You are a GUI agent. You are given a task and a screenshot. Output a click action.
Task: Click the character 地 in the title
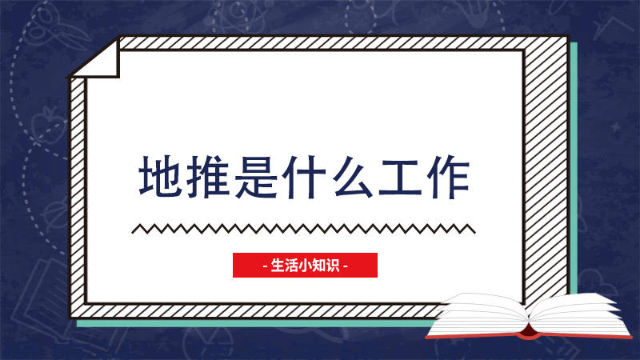pyautogui.click(x=160, y=176)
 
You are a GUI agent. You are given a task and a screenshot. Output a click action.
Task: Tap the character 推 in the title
pyautogui.click(x=208, y=176)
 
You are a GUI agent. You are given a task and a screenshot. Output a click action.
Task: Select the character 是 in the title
pyautogui.click(x=256, y=176)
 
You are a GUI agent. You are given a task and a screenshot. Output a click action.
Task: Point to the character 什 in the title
pyautogui.click(x=305, y=176)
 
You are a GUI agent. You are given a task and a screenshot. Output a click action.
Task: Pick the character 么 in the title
pyautogui.click(x=353, y=176)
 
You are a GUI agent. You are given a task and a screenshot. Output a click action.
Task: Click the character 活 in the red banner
pyautogui.click(x=291, y=266)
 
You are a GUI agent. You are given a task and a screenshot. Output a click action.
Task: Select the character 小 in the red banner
pyautogui.click(x=305, y=266)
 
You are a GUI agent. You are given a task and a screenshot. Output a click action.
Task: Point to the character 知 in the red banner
pyautogui.click(x=318, y=266)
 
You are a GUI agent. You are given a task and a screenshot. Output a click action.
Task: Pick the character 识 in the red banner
pyautogui.click(x=333, y=266)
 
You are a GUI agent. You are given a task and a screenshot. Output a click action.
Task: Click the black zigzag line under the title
pyautogui.click(x=303, y=229)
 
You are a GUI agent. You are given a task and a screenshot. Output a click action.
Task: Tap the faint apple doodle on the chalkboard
pyautogui.click(x=47, y=125)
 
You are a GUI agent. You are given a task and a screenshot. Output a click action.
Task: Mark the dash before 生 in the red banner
pyautogui.click(x=266, y=266)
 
